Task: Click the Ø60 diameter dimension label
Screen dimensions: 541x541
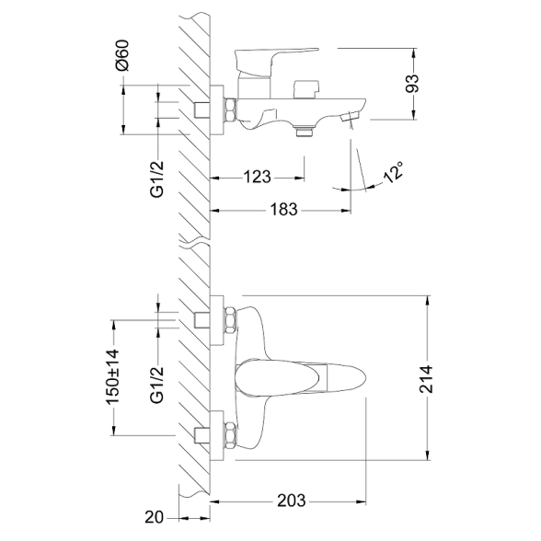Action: click(123, 55)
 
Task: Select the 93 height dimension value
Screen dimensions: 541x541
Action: click(411, 84)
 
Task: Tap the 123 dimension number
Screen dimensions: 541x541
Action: click(258, 177)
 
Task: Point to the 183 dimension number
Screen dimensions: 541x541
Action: click(283, 209)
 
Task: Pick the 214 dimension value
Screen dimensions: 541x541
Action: click(427, 379)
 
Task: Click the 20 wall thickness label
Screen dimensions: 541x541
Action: click(154, 517)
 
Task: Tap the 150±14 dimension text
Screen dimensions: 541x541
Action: click(113, 376)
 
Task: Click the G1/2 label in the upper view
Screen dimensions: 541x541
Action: click(157, 179)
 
